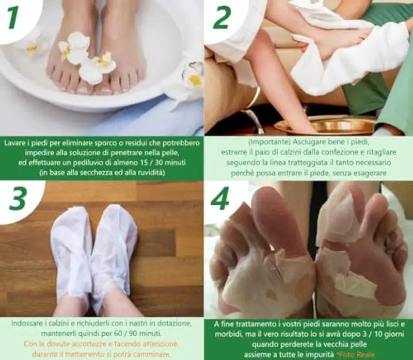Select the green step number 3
(x=17, y=198)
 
